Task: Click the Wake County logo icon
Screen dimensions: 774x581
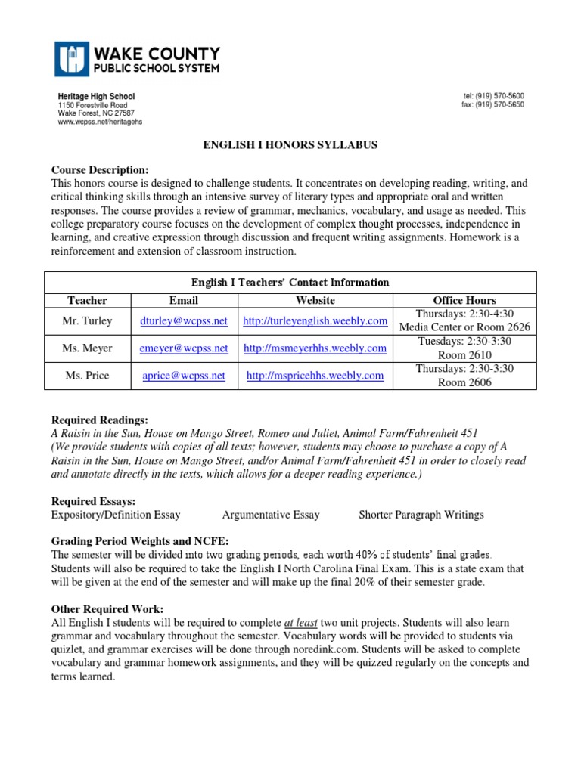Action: coord(72,59)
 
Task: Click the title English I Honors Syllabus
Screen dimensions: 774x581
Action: coord(290,144)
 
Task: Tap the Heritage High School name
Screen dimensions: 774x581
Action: coord(97,98)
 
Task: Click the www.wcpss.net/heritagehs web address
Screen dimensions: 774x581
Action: coord(100,122)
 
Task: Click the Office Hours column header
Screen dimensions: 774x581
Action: coord(464,300)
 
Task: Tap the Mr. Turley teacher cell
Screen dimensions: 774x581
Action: coord(87,320)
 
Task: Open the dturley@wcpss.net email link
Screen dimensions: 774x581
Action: coord(184,320)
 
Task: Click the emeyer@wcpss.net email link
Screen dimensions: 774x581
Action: coord(184,348)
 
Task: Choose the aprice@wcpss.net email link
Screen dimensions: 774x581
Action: coord(184,376)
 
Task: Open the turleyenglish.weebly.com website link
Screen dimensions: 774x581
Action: coord(315,320)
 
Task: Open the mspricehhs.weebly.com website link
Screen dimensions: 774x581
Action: coord(315,376)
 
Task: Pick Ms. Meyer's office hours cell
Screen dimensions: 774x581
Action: coord(464,348)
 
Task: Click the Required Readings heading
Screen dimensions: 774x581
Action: coord(99,420)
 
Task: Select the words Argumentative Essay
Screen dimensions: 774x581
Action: coord(271,515)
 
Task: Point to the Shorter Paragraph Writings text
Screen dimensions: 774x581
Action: coord(421,515)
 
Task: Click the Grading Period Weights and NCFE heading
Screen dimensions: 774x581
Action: coord(139,541)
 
